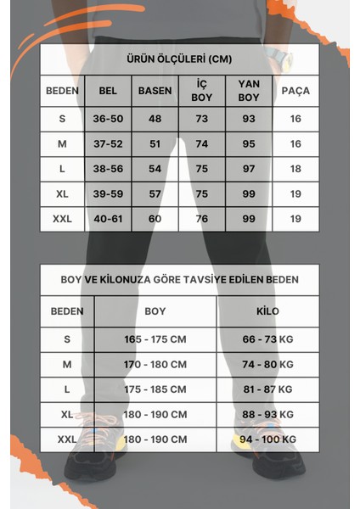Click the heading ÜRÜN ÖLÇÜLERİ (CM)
(179, 59)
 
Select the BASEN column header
(155, 91)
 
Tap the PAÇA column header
(295, 91)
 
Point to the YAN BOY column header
(249, 91)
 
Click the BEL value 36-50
(108, 119)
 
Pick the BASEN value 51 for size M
(155, 144)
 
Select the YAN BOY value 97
(249, 169)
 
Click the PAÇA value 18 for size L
(295, 169)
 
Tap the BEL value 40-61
(108, 219)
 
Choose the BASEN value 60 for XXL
(155, 219)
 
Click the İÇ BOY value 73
(201, 119)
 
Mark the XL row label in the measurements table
(62, 194)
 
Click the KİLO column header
(268, 311)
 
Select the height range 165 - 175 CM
(155, 339)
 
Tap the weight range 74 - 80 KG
(268, 364)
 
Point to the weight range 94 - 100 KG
(268, 439)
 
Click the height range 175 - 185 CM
(155, 389)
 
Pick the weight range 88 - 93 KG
(268, 415)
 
